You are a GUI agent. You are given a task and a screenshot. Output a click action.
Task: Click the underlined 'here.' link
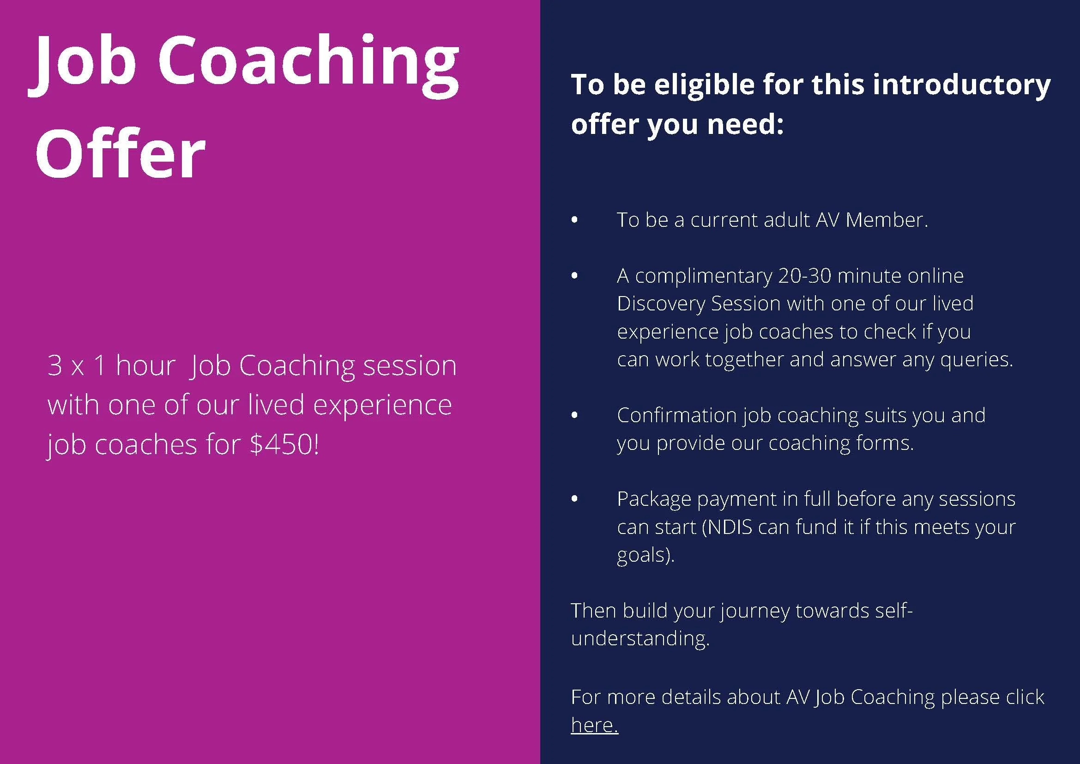[x=594, y=725]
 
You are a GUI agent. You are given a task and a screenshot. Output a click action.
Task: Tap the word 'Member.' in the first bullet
[x=887, y=220]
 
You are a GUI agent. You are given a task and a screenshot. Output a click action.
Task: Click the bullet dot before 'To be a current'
[x=574, y=220]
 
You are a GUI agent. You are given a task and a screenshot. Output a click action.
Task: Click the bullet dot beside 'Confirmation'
[x=574, y=415]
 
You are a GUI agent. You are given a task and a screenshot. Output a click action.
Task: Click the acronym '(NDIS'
[x=727, y=527]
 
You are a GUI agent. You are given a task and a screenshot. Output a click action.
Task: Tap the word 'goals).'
[x=646, y=555]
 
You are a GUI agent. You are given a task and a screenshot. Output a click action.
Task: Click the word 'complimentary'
[x=704, y=276]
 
